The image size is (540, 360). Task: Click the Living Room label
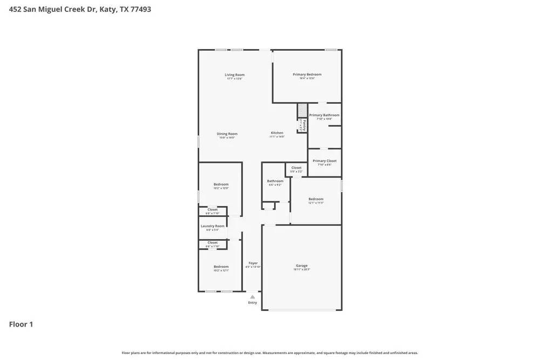point(234,75)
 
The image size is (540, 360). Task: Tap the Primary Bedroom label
point(307,74)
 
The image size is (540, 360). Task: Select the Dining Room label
point(227,134)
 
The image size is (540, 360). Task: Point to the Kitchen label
point(276,133)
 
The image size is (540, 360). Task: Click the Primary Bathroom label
point(324,115)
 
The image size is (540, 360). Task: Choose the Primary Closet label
point(324,161)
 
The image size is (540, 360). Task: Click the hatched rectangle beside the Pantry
point(302,111)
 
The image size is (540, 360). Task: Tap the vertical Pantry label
point(304,125)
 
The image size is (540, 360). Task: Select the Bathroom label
point(275,181)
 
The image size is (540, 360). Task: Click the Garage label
point(301,266)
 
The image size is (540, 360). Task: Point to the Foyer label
point(253,263)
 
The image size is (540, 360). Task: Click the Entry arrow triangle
point(252,297)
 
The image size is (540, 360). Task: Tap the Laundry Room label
point(212,226)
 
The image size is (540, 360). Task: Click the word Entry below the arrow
point(252,303)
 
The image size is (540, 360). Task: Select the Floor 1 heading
point(21,324)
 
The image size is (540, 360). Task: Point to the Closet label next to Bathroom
point(296,168)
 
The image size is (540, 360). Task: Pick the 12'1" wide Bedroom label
point(316,199)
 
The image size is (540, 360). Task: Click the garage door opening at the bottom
point(301,310)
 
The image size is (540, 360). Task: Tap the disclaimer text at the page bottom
point(269,353)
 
